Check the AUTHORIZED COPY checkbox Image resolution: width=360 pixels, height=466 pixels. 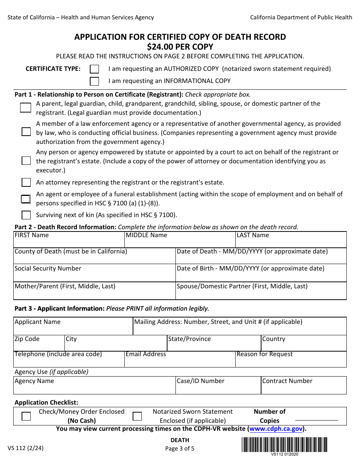[94, 69]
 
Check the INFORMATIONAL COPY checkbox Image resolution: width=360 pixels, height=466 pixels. [94, 81]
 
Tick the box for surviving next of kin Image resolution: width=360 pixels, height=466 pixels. [26, 215]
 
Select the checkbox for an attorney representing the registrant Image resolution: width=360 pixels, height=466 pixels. [26, 183]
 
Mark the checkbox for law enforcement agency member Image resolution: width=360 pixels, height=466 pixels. [26, 132]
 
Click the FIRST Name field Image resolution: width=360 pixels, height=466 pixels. [69, 242]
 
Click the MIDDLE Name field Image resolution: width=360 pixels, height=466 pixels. [180, 242]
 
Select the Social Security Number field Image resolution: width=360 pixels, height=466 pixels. [94, 275]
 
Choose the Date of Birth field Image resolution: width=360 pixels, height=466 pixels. [261, 275]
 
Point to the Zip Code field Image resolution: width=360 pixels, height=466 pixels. [39, 345]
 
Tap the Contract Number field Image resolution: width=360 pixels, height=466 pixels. [304, 387]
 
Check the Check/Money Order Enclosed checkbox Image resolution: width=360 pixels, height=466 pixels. [26, 416]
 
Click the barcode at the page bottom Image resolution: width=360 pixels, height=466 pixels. [284, 444]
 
